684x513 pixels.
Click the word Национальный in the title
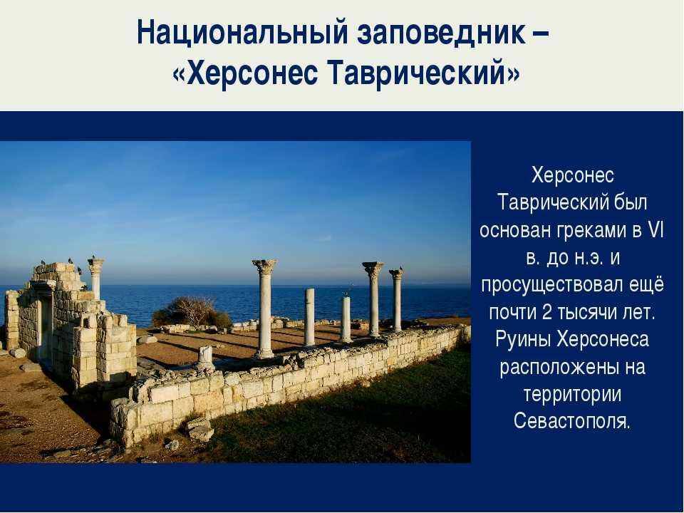242,32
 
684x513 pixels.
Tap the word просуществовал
551,286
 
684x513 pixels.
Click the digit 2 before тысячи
546,312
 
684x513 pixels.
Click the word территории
572,395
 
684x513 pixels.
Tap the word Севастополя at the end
572,421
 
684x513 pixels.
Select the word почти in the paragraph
512,313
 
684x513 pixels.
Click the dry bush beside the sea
192,312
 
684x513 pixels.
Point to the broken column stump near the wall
205,357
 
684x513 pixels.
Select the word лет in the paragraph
641,313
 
